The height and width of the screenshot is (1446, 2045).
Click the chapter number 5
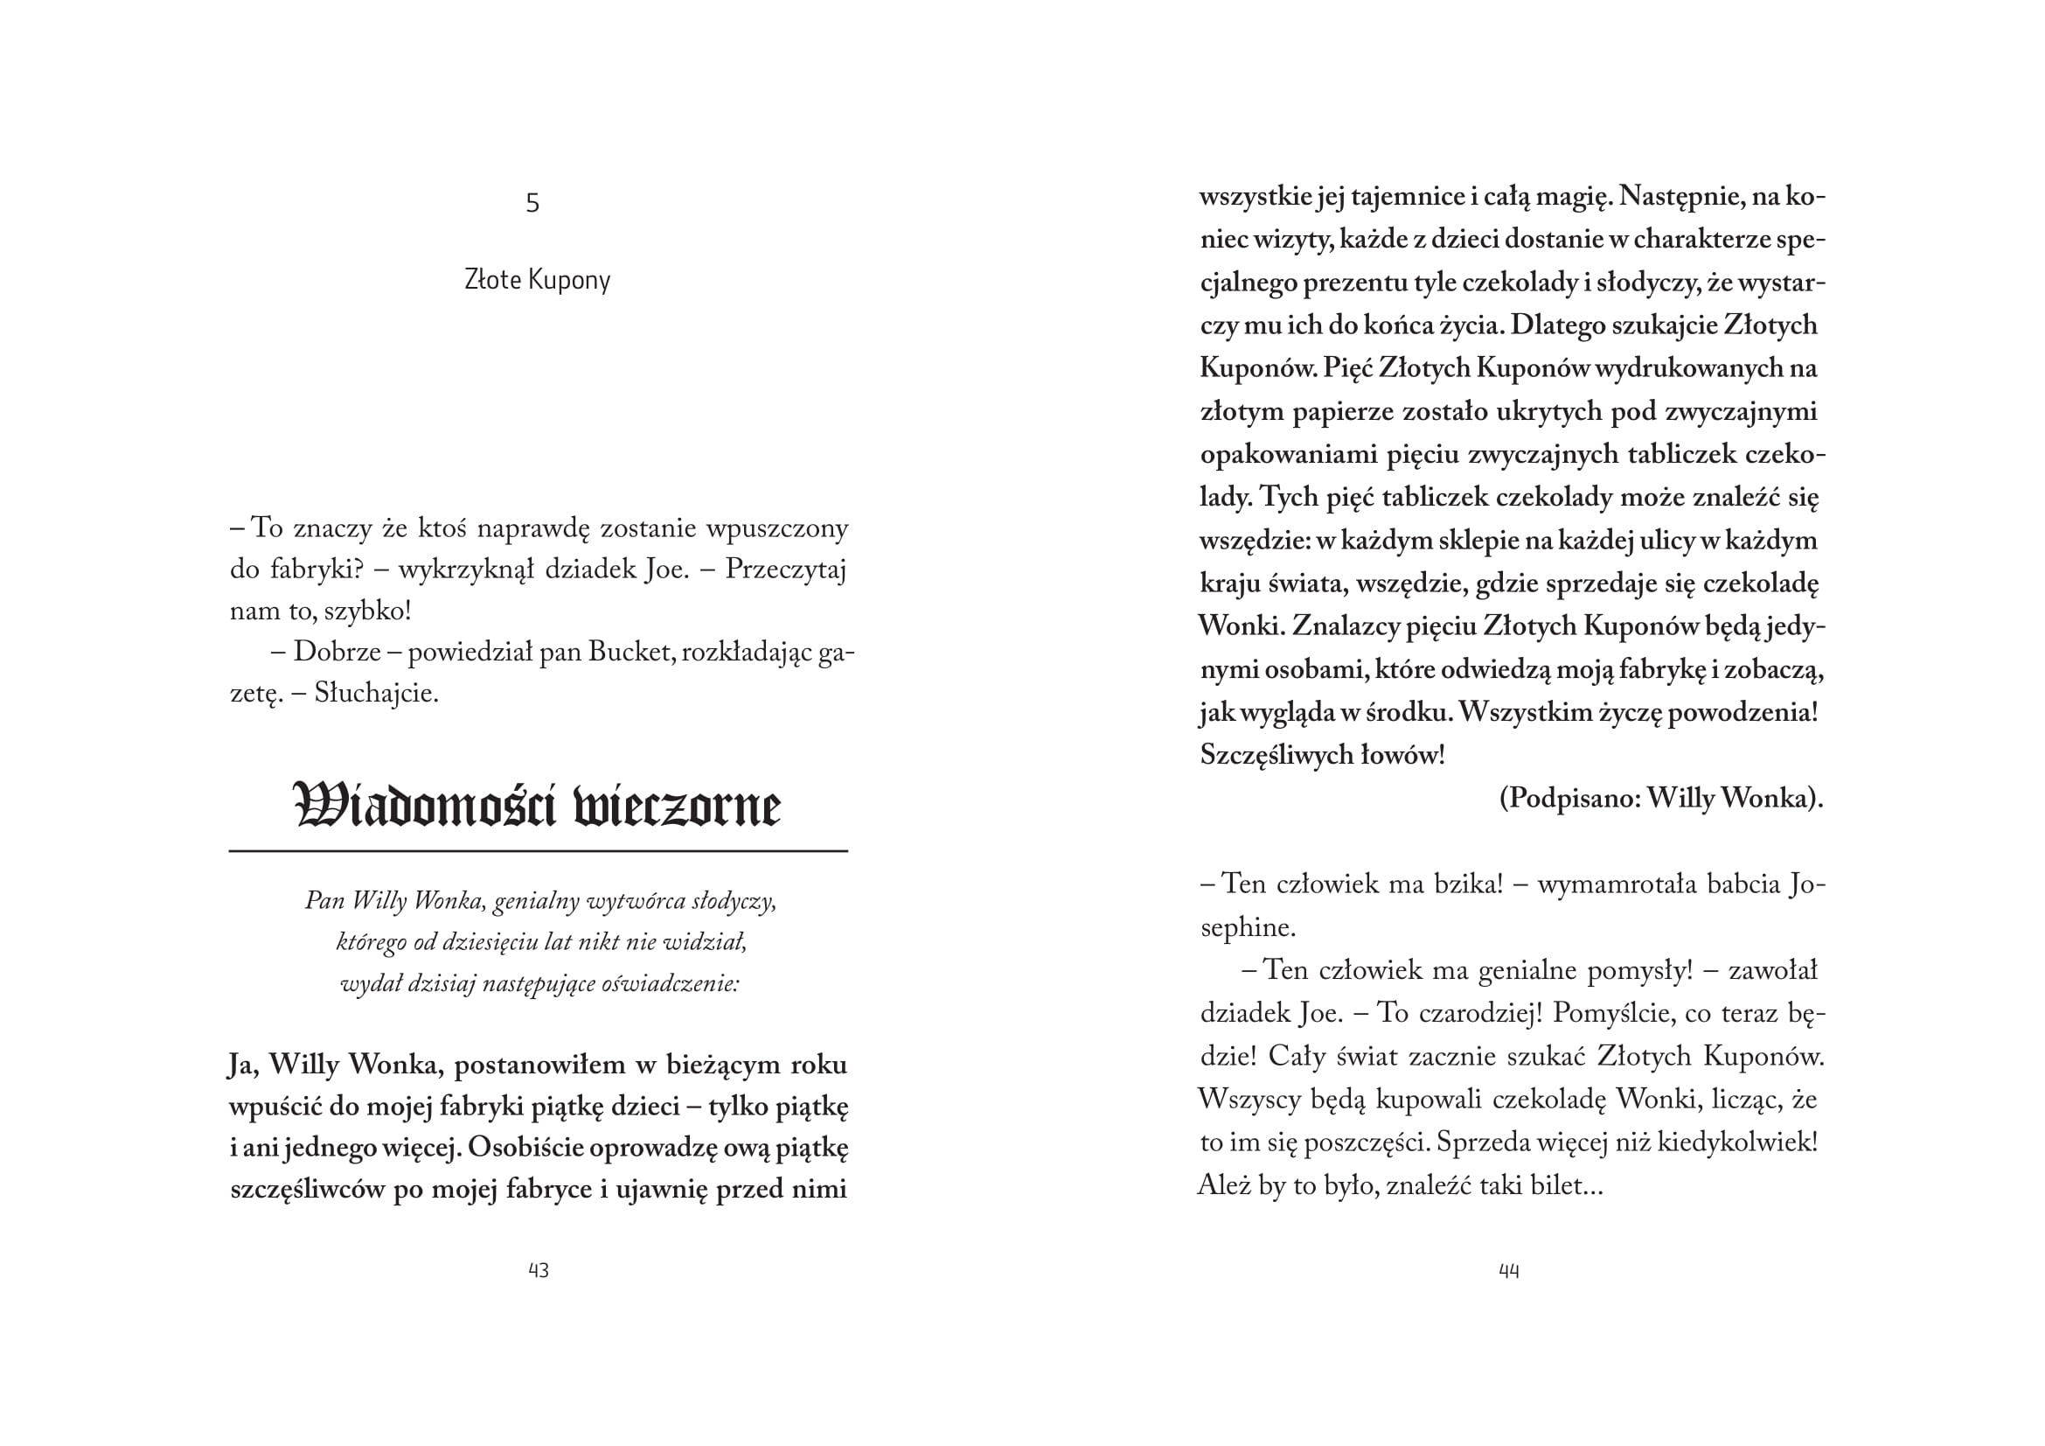point(532,204)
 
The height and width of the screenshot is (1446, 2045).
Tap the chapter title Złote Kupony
point(537,280)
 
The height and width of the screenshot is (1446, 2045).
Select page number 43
point(538,1270)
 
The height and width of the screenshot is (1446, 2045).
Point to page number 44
point(1509,1271)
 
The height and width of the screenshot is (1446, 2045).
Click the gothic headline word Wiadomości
point(424,807)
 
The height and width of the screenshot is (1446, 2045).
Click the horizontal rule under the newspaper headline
point(538,852)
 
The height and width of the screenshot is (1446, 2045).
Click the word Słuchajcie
point(376,693)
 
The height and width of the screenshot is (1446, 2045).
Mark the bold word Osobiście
point(525,1148)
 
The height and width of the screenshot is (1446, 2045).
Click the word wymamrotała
point(1616,884)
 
